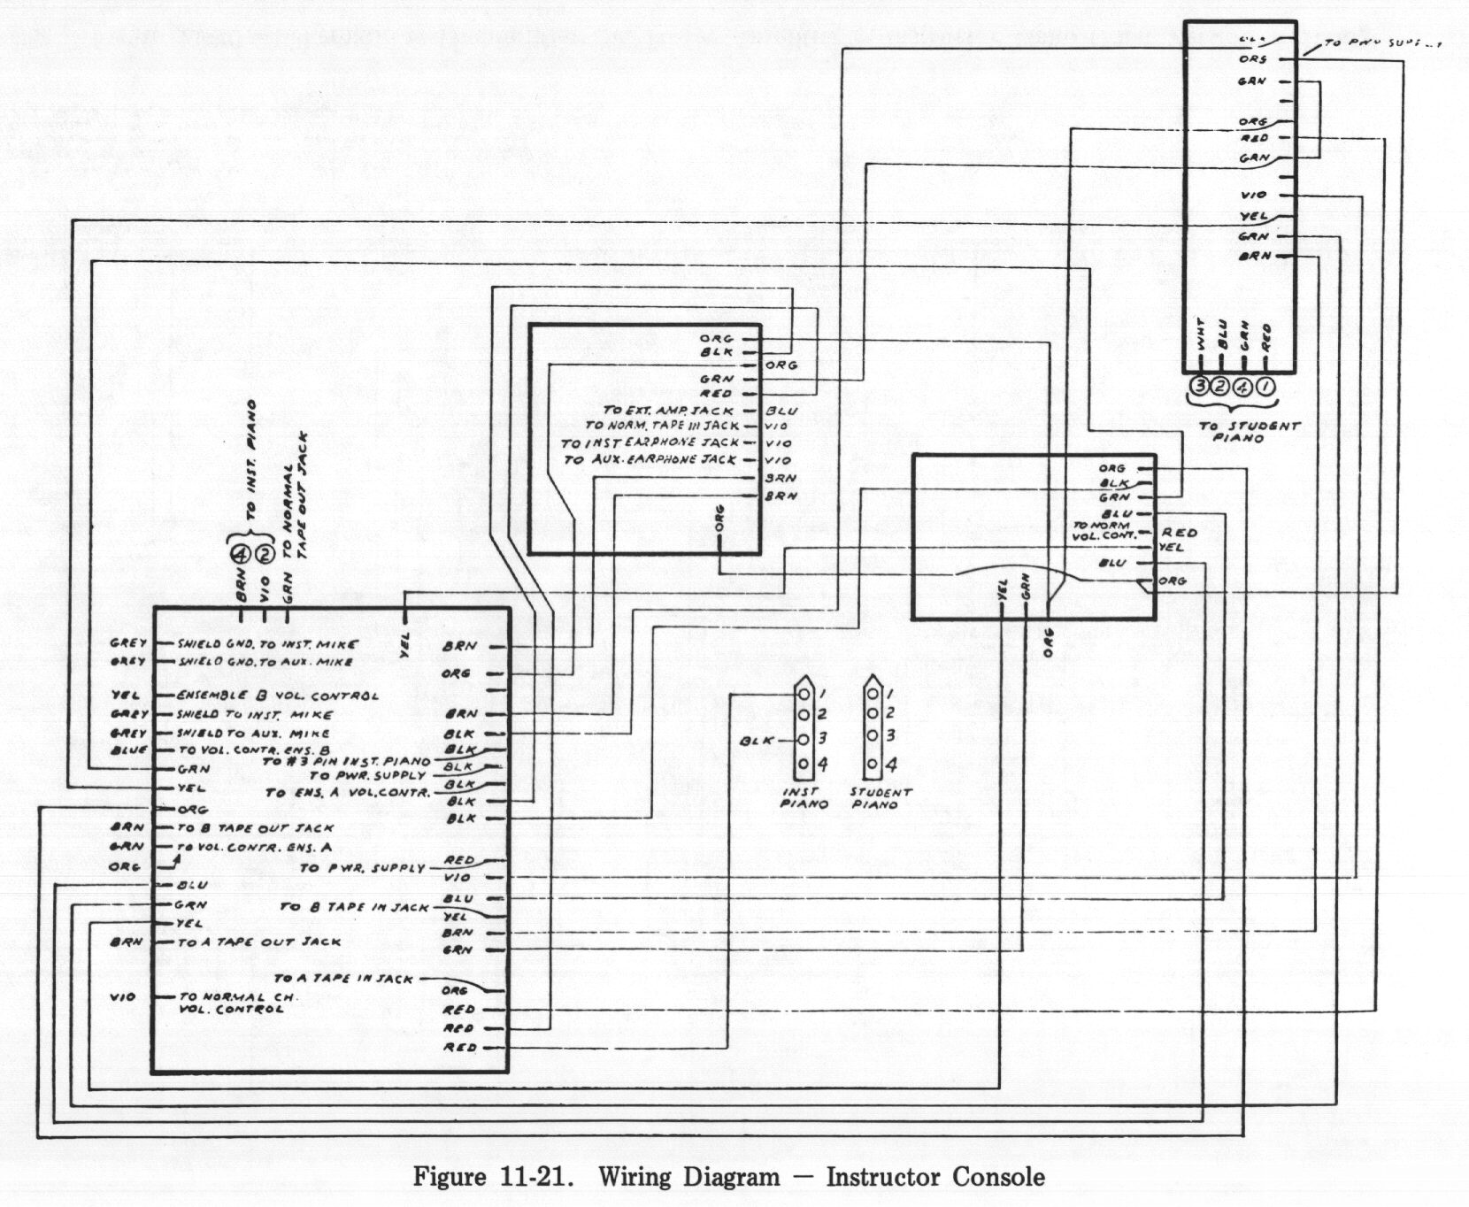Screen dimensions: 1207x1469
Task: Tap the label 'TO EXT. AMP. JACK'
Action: (668, 411)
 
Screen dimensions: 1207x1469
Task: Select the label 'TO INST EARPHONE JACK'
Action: (650, 442)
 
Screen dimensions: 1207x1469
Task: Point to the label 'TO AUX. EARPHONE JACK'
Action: (650, 460)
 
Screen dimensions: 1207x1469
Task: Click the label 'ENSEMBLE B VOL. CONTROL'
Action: (277, 696)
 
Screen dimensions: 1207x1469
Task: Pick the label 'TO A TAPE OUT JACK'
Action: (258, 942)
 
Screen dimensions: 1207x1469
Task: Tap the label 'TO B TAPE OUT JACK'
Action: (256, 828)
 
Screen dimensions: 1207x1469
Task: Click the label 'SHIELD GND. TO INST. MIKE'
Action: (267, 643)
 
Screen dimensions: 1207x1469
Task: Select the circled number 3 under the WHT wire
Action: (1200, 386)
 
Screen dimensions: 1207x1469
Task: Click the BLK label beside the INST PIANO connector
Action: (757, 741)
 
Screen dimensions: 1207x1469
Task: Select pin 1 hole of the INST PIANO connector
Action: (804, 693)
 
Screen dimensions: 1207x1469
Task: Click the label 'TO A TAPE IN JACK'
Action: (343, 979)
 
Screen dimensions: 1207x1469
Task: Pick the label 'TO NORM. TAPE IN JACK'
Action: (662, 427)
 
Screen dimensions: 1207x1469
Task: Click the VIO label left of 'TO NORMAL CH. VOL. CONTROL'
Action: (123, 997)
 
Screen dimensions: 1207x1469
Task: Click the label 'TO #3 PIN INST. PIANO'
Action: (346, 761)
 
